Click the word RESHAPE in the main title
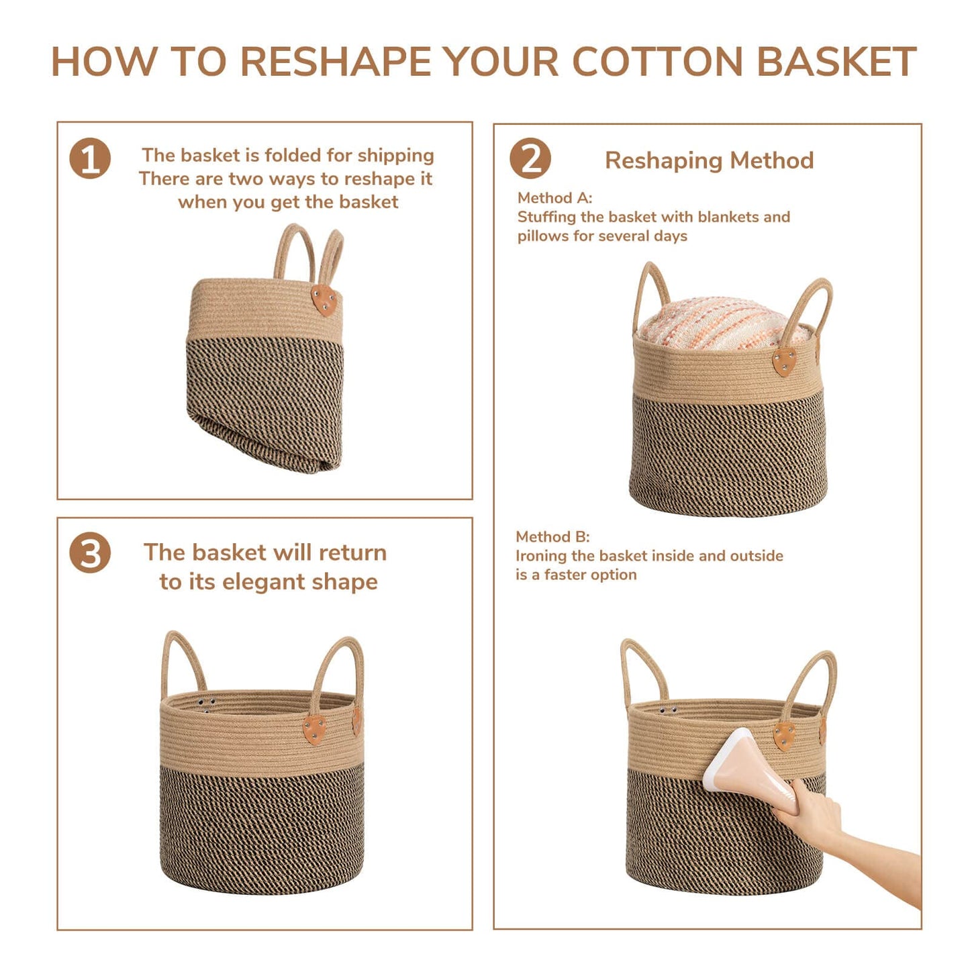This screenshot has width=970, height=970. click(x=335, y=62)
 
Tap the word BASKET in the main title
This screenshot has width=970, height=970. click(x=836, y=62)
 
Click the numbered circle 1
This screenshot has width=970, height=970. click(x=90, y=158)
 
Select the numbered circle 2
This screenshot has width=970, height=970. click(x=530, y=158)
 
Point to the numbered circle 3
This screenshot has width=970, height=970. click(x=90, y=552)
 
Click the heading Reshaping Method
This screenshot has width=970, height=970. click(x=710, y=160)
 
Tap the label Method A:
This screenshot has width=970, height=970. click(x=554, y=198)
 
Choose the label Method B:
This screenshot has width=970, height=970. click(x=552, y=536)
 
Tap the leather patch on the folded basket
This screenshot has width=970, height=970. click(x=324, y=300)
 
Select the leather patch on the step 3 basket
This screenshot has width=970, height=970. click(x=314, y=730)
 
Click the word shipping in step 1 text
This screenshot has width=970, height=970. click(x=395, y=156)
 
